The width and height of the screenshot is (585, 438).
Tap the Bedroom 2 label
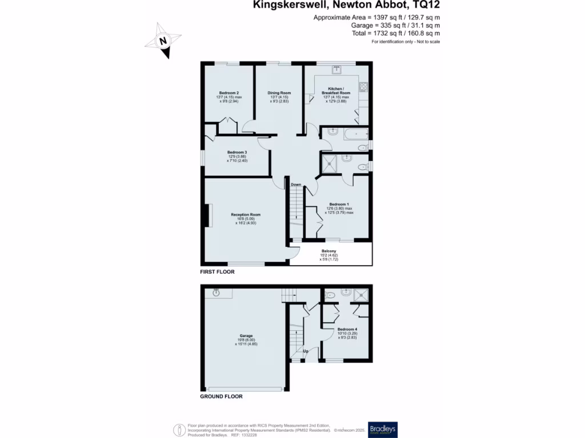point(229,93)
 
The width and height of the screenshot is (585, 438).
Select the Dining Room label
point(279,93)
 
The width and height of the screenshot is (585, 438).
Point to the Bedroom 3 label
point(237,152)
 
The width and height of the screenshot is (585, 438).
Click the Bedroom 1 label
point(339,204)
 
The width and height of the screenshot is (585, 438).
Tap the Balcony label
point(328,252)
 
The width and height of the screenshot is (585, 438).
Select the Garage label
point(246,336)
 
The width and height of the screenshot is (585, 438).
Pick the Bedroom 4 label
point(347,330)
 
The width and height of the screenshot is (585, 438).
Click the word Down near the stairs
point(296,185)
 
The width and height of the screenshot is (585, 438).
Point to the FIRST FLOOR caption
point(217,273)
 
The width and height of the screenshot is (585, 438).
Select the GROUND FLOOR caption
point(221,396)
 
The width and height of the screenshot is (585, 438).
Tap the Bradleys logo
point(383,429)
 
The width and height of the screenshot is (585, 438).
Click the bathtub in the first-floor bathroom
point(352,134)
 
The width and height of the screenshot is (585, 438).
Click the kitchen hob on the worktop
point(363,87)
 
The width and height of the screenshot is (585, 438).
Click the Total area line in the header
point(395,34)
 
